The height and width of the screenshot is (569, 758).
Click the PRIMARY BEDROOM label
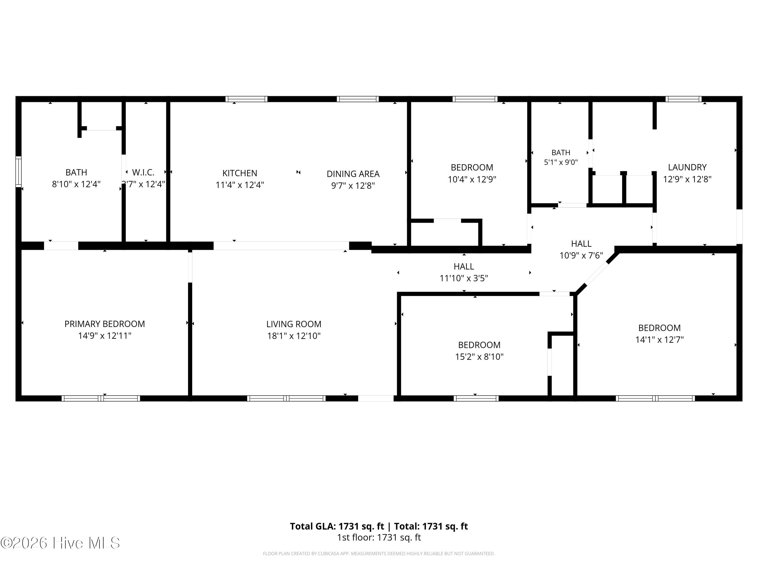[x=105, y=324]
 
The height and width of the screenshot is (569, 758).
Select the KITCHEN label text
[x=240, y=173]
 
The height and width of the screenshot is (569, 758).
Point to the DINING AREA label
[x=353, y=174]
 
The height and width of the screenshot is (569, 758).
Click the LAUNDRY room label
[x=687, y=167]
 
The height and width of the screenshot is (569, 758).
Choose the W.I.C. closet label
[x=143, y=172]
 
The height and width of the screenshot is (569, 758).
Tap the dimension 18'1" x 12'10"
[x=294, y=336]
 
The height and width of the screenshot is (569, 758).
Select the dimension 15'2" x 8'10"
[x=479, y=357]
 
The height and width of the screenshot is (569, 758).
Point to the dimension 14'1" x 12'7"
[x=659, y=340]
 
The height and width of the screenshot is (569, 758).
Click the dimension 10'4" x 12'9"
[x=472, y=179]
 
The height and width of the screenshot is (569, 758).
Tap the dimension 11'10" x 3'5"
[x=464, y=278]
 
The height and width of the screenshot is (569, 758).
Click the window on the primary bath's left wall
[x=18, y=171]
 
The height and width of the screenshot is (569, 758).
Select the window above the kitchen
[x=246, y=99]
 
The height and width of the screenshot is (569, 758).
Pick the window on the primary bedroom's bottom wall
[x=101, y=398]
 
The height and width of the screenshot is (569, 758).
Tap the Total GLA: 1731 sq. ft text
[x=337, y=526]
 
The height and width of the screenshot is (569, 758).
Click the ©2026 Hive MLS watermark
[x=60, y=543]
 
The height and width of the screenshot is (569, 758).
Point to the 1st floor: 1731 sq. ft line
[x=379, y=537]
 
